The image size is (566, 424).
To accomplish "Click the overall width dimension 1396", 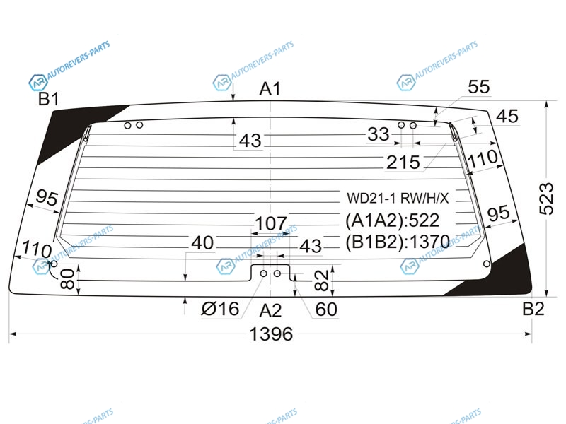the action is pos(271,334).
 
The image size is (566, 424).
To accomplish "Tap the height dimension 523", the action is pos(546,199).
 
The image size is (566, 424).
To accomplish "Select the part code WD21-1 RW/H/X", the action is pos(398,198).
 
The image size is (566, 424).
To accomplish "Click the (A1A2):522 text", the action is pos(393,220).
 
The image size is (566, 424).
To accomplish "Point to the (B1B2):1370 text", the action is pos(398,242).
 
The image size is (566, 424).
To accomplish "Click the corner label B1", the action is pos(48,98).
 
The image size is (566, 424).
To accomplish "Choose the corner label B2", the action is pos(533,309).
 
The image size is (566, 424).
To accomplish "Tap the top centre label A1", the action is pos(270,89).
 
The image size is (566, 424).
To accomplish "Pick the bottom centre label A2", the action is pos(270,310).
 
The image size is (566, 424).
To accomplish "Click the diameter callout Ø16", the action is pos(220,309).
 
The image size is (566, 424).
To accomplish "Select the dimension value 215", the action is pos(403,163).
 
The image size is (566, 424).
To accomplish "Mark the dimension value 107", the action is pos(271,223).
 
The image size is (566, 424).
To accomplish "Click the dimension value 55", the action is pos(479,87).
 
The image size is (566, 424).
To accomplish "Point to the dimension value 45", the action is pos(507,117).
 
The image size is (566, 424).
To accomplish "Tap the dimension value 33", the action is pos(379,134).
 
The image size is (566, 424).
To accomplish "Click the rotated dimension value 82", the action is pos(322,280).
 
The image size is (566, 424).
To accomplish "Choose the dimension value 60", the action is pos(326,310).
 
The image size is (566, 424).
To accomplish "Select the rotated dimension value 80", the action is pos(68,278).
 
